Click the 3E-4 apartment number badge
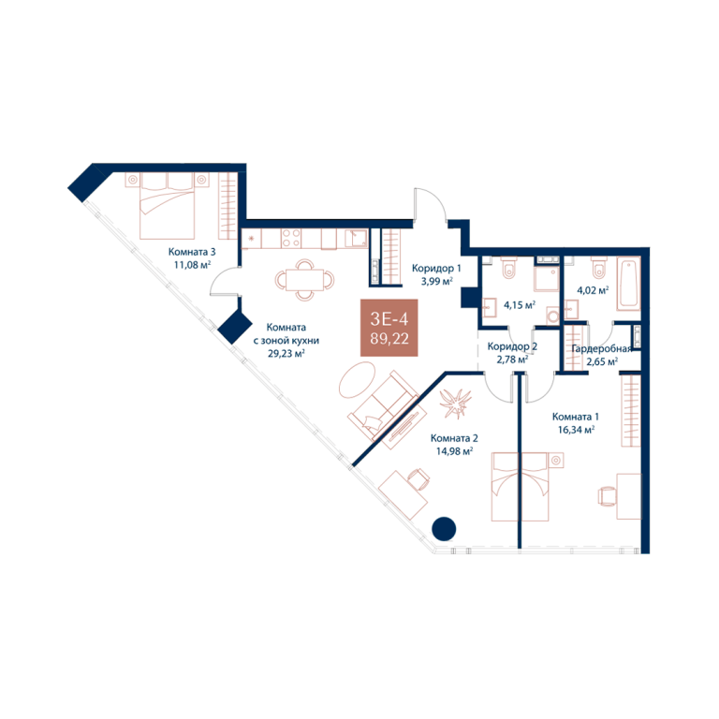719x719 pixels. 389,328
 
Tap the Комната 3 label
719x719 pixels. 192,252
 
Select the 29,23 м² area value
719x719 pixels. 286,353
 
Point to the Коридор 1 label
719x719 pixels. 436,269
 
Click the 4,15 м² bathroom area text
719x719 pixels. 520,305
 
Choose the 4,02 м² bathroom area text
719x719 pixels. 593,290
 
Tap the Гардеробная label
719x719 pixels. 602,349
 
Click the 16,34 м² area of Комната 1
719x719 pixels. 576,430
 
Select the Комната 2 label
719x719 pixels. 454,438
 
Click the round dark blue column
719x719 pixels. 444,529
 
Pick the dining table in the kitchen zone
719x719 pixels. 304,280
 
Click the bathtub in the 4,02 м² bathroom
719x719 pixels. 628,284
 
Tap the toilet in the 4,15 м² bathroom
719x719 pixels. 509,268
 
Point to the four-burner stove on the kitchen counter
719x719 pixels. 291,239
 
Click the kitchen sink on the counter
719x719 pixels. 356,239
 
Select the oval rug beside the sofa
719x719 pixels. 357,380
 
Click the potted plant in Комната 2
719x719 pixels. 455,404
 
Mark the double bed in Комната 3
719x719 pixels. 168,205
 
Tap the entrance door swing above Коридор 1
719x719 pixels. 430,204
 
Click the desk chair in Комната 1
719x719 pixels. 607,496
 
